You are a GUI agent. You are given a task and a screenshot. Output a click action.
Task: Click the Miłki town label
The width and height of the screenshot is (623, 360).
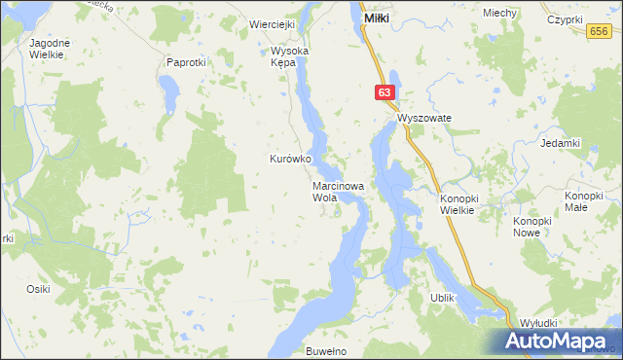coord(377,18)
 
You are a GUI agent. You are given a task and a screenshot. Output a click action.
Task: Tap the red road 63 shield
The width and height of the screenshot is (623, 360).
coord(385,92)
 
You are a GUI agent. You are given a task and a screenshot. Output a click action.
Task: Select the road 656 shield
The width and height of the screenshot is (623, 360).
coord(600,32)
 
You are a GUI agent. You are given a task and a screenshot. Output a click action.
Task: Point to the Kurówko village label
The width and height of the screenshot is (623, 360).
coord(289,159)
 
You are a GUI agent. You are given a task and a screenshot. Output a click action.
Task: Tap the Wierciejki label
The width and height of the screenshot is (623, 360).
coord(272,24)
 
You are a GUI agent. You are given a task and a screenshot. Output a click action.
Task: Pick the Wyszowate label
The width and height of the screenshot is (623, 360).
coord(424,117)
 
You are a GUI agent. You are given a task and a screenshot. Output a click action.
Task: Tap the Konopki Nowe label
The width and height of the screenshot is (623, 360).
coord(532,227)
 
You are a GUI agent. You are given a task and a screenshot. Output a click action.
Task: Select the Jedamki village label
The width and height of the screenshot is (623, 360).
coord(560,143)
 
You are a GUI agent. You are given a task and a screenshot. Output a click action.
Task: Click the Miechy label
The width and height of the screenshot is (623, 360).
coord(499,13)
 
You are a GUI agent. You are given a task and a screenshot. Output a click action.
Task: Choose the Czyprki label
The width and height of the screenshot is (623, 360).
coord(565,18)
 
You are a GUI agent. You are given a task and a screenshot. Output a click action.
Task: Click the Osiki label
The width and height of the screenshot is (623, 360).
coord(38,289)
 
